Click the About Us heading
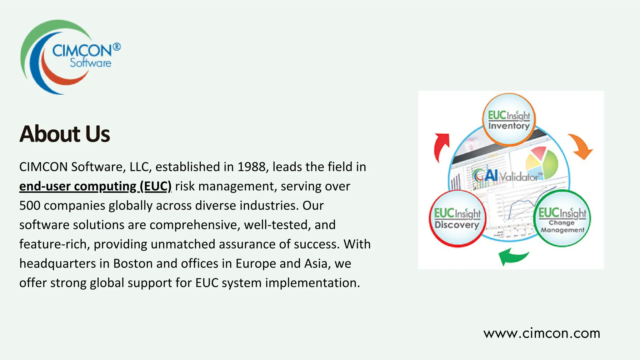(65, 134)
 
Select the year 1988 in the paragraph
(251, 167)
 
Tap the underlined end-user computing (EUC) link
(95, 187)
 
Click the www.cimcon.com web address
(542, 333)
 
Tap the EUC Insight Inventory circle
(509, 120)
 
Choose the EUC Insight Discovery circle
(457, 218)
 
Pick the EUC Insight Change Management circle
(562, 218)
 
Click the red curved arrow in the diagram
(441, 147)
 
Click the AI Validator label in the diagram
(507, 176)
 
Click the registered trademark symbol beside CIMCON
(117, 47)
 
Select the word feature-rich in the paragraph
(55, 244)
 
